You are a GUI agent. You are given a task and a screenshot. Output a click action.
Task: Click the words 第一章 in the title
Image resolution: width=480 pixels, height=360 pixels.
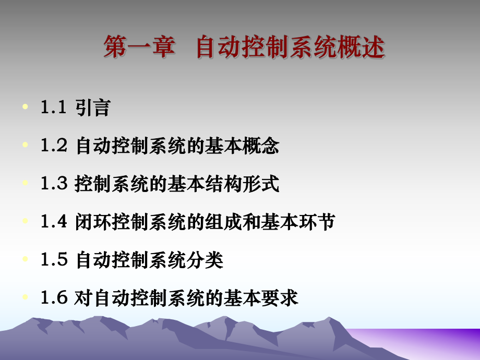(138, 47)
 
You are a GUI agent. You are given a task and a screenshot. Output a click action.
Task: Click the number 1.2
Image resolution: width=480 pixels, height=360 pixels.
(54, 146)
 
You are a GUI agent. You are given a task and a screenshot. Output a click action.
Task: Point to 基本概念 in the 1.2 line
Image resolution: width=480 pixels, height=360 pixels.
(245, 146)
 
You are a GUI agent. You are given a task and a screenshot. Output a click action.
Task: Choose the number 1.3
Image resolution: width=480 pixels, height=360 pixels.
(54, 184)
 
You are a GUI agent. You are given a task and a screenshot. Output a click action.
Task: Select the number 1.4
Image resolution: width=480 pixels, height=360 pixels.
(54, 222)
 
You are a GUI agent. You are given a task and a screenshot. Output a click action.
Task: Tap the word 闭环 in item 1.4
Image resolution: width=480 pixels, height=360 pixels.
(93, 222)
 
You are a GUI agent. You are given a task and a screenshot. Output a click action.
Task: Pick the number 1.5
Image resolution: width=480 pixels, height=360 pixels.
(54, 259)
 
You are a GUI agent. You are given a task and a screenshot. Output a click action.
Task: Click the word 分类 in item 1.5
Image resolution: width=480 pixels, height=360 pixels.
(206, 259)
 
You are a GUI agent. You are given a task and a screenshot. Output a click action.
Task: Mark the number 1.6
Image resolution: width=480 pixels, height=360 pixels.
(54, 297)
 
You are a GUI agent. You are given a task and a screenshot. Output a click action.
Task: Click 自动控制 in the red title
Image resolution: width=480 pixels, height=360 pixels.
(232, 47)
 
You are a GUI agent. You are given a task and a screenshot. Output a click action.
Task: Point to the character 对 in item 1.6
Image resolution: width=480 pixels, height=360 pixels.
(83, 297)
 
